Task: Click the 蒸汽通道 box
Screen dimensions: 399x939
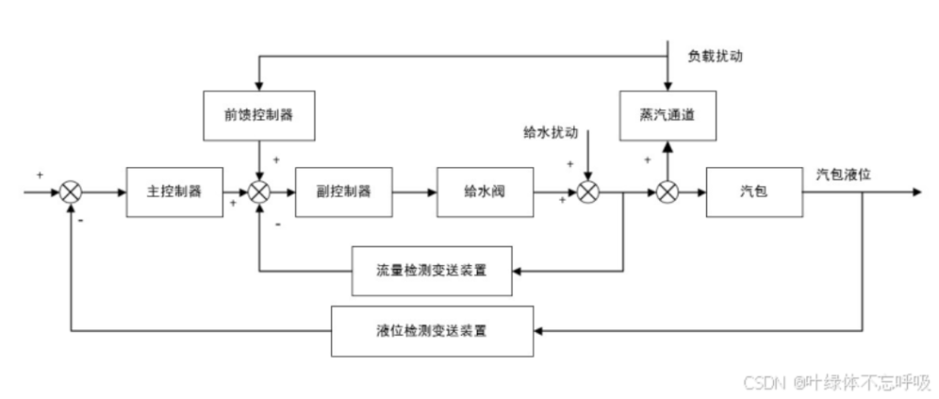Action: pyautogui.click(x=667, y=116)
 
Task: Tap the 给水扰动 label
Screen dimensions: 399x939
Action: pyautogui.click(x=549, y=132)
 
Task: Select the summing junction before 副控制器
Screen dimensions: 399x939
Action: pyautogui.click(x=260, y=193)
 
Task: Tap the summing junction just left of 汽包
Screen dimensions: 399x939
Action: pyautogui.click(x=667, y=193)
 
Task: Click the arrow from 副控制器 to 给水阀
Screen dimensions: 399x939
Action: pyautogui.click(x=416, y=193)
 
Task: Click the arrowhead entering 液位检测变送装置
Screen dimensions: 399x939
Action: pyautogui.click(x=539, y=328)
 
